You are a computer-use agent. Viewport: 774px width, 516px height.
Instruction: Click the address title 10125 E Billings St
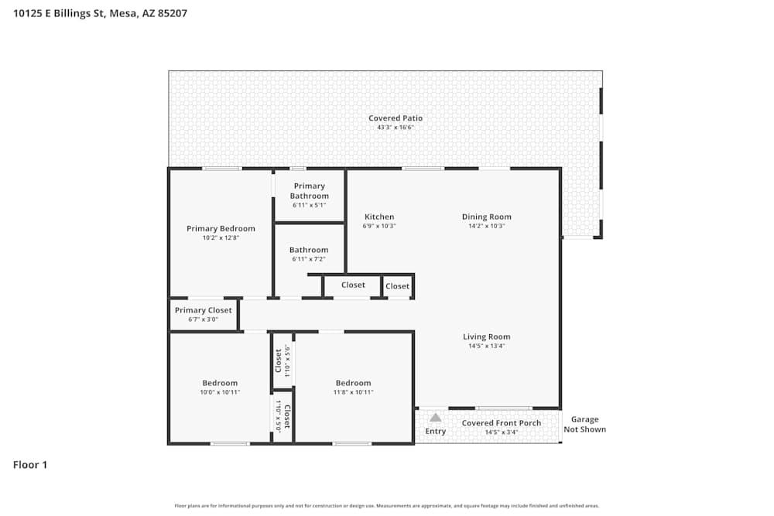point(100,13)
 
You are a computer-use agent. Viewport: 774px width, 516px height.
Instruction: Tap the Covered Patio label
point(396,118)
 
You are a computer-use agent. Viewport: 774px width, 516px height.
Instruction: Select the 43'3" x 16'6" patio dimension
point(396,128)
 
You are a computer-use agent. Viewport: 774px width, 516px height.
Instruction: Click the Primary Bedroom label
point(221,228)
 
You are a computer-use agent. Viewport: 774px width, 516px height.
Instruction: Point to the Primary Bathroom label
point(309,191)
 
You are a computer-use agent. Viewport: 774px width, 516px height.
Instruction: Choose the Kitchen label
point(379,217)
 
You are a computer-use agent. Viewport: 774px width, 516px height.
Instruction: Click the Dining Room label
point(487,217)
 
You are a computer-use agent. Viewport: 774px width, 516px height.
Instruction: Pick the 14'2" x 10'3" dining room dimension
point(487,227)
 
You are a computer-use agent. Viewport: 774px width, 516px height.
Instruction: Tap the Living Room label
point(487,337)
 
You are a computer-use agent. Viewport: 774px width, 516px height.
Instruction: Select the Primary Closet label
point(203,310)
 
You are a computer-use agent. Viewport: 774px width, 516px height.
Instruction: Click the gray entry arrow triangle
point(436,418)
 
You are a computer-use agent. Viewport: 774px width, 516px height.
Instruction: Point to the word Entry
point(436,432)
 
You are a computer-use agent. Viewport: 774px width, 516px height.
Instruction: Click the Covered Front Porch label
point(502,423)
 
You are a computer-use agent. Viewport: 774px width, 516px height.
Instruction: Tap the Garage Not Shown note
point(584,425)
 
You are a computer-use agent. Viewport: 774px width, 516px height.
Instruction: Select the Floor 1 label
point(30,465)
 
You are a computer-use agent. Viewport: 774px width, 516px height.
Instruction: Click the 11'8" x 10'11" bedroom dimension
point(353,393)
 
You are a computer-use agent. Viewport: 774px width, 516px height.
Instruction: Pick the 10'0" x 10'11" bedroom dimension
point(220,393)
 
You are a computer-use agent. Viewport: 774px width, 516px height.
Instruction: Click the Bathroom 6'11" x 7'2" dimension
point(309,259)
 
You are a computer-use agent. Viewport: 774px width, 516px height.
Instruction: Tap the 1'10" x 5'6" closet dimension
point(287,360)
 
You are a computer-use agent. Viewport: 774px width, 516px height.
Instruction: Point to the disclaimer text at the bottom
point(387,506)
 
